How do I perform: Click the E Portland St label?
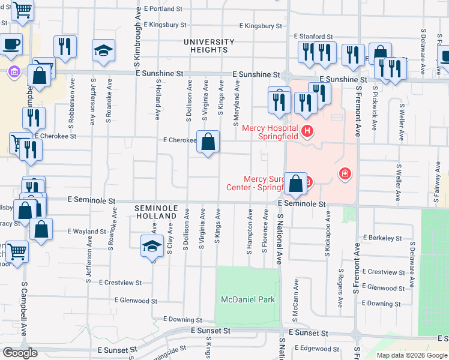(x=163, y=9)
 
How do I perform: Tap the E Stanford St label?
(x=313, y=37)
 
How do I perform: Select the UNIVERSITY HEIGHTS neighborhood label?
(x=209, y=46)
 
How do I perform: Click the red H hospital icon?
(x=307, y=130)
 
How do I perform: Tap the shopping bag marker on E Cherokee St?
(x=208, y=143)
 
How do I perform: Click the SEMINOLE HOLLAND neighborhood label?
(x=157, y=211)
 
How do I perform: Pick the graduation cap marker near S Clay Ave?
(x=152, y=246)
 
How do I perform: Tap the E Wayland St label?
(x=87, y=231)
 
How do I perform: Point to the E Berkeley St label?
(x=382, y=238)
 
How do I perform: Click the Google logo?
(x=20, y=353)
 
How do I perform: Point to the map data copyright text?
(x=411, y=355)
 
